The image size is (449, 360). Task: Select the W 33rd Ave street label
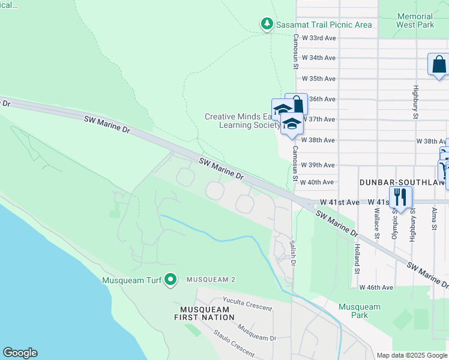319,38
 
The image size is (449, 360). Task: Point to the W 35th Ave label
319,79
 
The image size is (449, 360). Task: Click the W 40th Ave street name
316,182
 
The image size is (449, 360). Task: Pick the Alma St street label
433,219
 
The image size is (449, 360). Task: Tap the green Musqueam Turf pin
171,279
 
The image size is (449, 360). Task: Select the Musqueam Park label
359,311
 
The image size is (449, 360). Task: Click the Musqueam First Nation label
202,314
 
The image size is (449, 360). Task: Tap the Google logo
20,353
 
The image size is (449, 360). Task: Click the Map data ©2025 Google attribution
411,355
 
